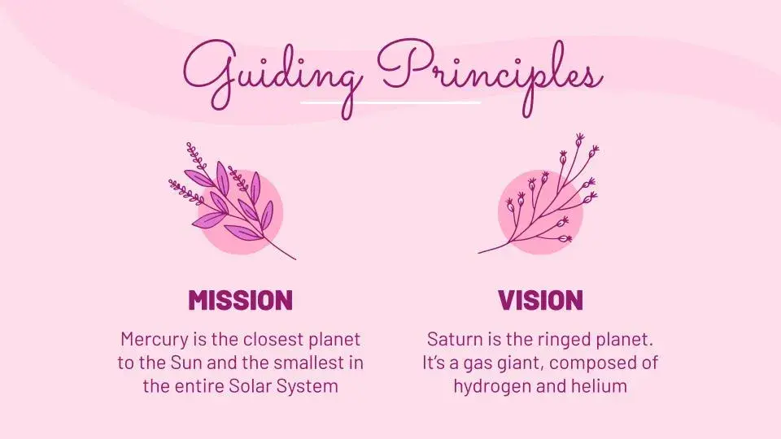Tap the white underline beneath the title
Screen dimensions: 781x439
pyautogui.click(x=390, y=103)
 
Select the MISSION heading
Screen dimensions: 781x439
pyautogui.click(x=240, y=300)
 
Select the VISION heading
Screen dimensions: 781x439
pyautogui.click(x=540, y=300)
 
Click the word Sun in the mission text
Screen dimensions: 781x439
pyautogui.click(x=186, y=363)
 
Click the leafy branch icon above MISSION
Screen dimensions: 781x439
pyautogui.click(x=233, y=201)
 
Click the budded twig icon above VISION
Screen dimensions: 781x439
pyautogui.click(x=539, y=193)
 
